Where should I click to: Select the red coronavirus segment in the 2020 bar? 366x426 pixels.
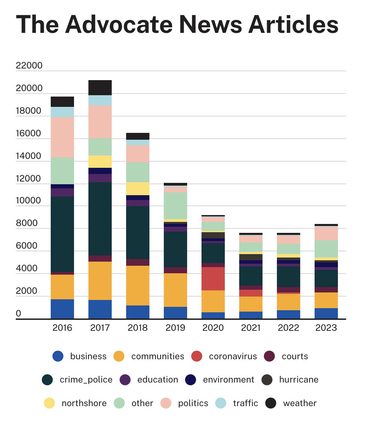[x=213, y=279]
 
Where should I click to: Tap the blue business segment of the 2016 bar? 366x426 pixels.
[x=62, y=309]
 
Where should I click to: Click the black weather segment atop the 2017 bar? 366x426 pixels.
[x=100, y=88]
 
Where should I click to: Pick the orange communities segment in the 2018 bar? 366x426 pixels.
[x=138, y=286]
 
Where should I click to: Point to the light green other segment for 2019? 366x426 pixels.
[x=175, y=205]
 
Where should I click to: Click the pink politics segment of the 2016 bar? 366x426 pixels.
[x=62, y=137]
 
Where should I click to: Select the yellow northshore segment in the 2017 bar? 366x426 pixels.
[x=100, y=162]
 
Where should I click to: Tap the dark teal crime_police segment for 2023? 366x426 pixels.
[x=326, y=278]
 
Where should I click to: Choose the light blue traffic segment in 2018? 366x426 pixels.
[x=138, y=142]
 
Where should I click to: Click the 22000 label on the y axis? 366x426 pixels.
[x=29, y=65]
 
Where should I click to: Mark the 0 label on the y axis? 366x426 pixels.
[x=19, y=313]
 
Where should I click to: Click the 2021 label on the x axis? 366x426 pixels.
[x=251, y=328]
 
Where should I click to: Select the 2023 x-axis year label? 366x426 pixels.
[x=326, y=328]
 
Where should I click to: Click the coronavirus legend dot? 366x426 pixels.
[x=197, y=356]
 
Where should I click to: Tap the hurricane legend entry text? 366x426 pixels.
[x=299, y=379]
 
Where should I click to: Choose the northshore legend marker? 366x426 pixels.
[x=49, y=403]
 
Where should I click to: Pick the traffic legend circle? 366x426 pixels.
[x=221, y=403]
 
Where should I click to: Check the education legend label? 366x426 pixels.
[x=158, y=379]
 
